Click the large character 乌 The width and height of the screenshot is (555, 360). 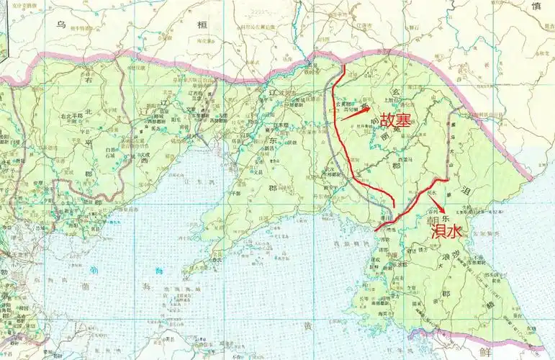[62, 24]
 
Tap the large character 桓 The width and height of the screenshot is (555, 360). [203, 24]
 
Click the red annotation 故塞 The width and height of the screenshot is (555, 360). [396, 120]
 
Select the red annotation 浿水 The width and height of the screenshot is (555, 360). [446, 232]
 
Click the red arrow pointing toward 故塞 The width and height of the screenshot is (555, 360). [354, 112]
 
